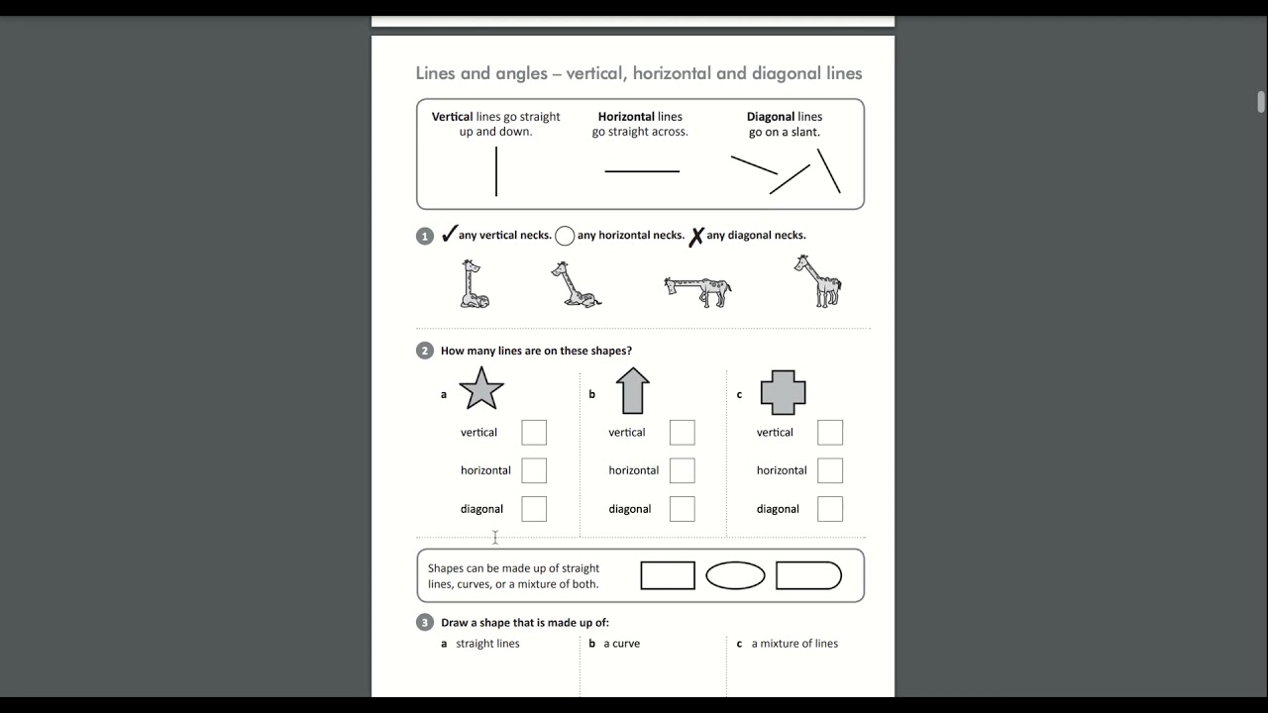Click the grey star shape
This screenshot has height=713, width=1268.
point(481,389)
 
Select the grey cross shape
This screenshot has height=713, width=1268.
point(783,392)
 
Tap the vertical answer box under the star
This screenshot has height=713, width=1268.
point(534,433)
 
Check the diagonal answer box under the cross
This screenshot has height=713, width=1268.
point(830,509)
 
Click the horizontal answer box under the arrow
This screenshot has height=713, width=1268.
point(682,470)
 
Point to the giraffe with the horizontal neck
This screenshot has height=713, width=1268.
point(697,291)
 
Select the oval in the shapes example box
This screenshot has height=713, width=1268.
point(735,575)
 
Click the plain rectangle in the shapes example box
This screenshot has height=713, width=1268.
point(668,575)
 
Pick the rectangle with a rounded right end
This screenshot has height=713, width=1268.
point(808,575)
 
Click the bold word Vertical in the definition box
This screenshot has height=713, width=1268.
point(452,117)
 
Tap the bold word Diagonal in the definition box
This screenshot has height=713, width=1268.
point(770,117)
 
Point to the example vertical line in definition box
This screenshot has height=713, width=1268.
point(496,171)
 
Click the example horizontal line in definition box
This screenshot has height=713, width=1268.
point(642,171)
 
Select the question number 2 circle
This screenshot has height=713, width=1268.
point(425,351)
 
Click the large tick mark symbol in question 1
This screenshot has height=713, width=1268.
point(449,234)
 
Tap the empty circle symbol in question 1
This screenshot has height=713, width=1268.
point(565,236)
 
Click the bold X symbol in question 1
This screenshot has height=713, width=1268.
point(696,236)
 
